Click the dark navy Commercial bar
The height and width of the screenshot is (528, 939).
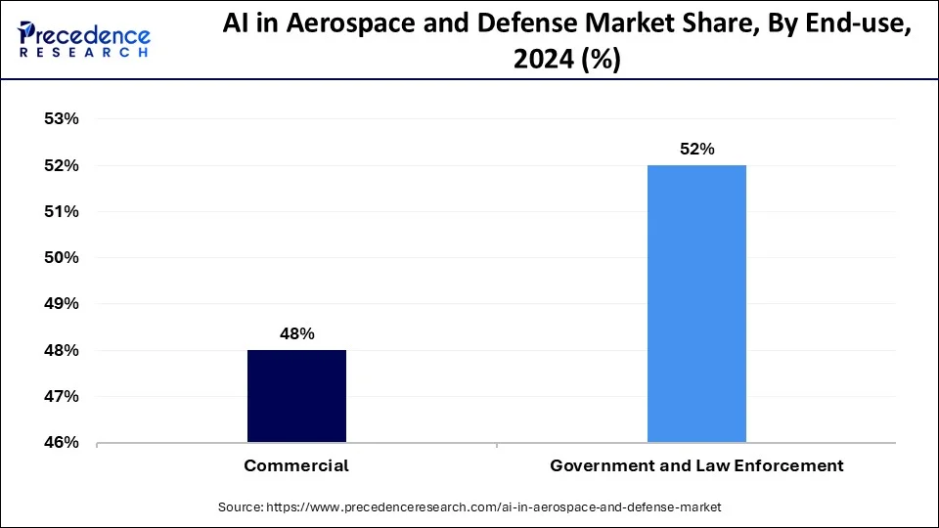pyautogui.click(x=296, y=396)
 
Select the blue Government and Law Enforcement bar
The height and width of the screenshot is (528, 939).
pyautogui.click(x=696, y=304)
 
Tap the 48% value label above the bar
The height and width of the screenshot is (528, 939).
pyautogui.click(x=296, y=333)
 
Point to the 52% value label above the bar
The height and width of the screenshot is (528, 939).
pyautogui.click(x=697, y=150)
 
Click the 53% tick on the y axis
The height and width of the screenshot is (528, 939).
pyautogui.click(x=61, y=119)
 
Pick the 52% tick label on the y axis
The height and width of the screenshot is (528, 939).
pyautogui.click(x=61, y=165)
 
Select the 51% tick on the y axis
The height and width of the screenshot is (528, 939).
pyautogui.click(x=61, y=211)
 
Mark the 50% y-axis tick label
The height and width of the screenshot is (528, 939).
pyautogui.click(x=61, y=257)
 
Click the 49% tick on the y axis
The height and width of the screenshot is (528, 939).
pyautogui.click(x=61, y=304)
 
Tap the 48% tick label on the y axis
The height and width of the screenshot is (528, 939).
pyautogui.click(x=61, y=350)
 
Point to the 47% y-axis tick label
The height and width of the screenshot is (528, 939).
pyautogui.click(x=61, y=396)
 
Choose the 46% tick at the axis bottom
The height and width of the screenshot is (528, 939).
pyautogui.click(x=61, y=442)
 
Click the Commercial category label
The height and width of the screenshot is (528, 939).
pyautogui.click(x=296, y=466)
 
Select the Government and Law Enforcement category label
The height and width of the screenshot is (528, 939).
pyautogui.click(x=696, y=466)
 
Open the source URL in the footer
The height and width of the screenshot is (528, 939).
pyautogui.click(x=493, y=507)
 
